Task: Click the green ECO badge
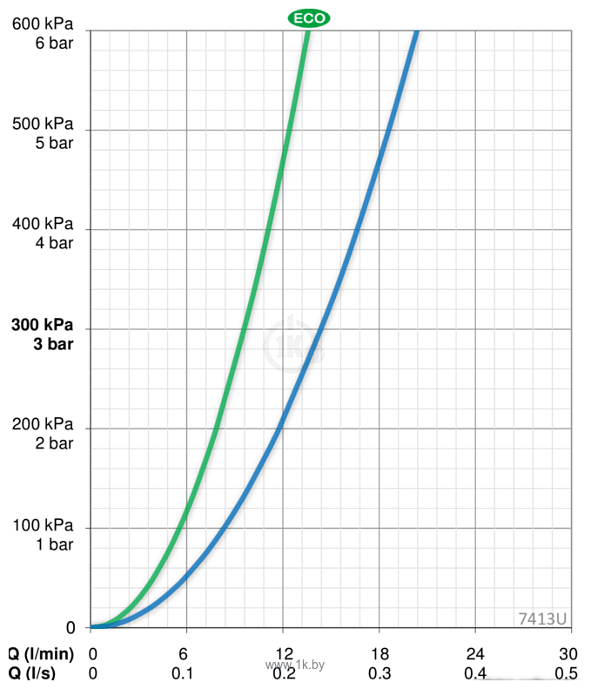pos(309,17)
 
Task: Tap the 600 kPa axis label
pos(43,24)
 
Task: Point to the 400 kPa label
pos(43,224)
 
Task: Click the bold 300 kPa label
pos(43,325)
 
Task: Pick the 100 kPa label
pos(43,526)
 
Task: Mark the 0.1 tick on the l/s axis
pos(183,673)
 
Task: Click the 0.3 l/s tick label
pos(379,673)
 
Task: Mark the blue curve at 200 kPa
pos(280,428)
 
